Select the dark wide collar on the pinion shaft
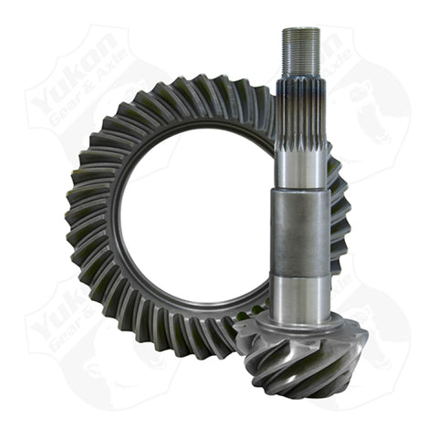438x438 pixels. click(301, 233)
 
